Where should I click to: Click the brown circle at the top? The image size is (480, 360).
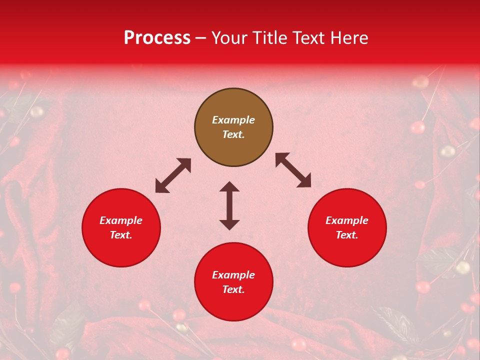click(233, 127)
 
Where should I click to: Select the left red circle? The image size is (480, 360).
click(121, 227)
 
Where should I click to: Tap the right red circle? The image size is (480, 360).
click(347, 227)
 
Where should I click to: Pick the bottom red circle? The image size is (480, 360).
click(233, 282)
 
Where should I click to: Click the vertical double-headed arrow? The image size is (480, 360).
click(229, 205)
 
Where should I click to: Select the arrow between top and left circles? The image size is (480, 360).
click(173, 175)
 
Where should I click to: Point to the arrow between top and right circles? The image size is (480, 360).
click(293, 170)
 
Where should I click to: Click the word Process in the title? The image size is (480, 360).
click(157, 38)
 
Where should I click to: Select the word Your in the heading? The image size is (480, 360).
click(228, 38)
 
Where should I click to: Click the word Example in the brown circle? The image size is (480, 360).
click(233, 120)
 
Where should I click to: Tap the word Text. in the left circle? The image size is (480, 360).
click(121, 235)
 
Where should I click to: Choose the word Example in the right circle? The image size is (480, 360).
click(347, 220)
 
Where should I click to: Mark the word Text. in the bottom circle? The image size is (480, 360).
click(233, 289)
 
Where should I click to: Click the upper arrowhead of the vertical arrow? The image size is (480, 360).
click(229, 186)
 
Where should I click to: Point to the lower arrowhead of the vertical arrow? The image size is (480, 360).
click(229, 224)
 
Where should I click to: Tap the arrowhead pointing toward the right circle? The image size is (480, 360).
click(304, 181)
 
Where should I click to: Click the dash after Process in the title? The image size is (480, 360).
click(201, 38)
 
